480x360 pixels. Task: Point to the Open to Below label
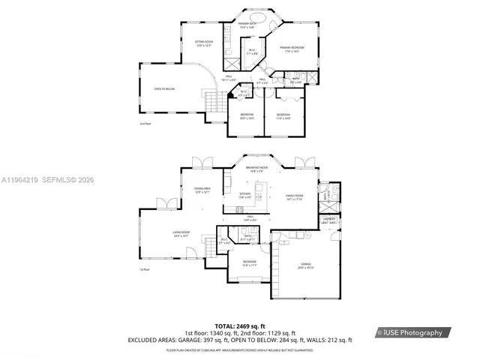click(164, 88)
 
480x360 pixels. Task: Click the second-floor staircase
click(214, 100)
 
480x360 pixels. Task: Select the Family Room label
click(293, 197)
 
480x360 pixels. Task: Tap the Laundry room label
click(328, 220)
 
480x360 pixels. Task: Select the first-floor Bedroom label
click(249, 263)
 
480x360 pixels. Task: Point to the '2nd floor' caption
click(145, 123)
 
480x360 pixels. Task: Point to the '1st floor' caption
click(145, 269)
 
